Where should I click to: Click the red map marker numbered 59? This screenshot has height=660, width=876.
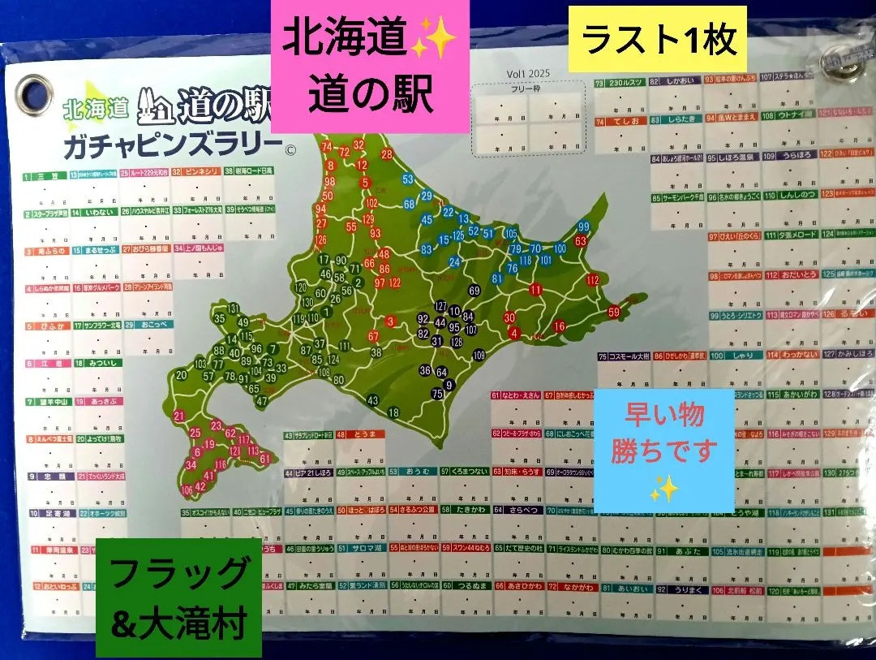614,311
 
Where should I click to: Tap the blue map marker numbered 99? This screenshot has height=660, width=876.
583,226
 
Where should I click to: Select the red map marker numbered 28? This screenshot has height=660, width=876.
387,154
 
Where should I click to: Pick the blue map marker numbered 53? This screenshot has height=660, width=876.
408,179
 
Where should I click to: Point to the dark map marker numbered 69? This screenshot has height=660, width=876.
474,291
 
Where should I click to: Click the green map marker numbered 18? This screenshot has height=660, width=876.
393,412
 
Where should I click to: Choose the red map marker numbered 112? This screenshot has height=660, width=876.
592,280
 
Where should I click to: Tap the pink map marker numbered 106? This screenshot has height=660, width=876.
187,490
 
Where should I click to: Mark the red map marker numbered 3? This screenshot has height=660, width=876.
390,321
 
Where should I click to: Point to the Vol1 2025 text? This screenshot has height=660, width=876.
528,73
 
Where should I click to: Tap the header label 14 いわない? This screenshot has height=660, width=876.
93,212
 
